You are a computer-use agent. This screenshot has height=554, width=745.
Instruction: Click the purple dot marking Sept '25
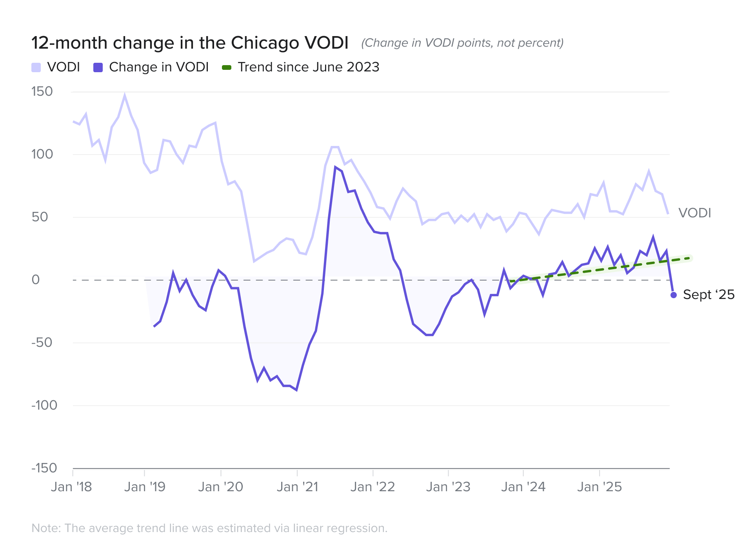coord(674,295)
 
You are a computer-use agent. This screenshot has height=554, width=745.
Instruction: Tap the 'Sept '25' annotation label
coord(709,295)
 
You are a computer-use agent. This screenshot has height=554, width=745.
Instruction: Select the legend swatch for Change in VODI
coord(98,67)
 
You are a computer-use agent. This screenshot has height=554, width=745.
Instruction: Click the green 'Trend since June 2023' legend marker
coord(227,67)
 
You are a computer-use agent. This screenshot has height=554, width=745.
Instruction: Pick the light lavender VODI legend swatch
coord(36,67)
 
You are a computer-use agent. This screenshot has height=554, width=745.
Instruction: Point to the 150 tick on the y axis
coord(42,91)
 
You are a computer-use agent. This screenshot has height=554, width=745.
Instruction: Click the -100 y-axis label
coord(44,405)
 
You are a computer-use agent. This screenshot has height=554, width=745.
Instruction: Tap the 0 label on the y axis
coord(36,280)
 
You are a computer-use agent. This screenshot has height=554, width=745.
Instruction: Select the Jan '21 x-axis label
coord(297,487)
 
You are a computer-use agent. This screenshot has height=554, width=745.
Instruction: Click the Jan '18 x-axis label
coord(71,487)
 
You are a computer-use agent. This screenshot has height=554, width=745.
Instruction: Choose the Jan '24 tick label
coord(523,487)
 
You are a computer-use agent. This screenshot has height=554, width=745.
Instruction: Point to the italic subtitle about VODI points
coord(462,43)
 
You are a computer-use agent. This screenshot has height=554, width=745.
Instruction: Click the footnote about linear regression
coord(209,528)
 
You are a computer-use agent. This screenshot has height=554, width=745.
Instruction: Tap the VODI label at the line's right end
coord(694,213)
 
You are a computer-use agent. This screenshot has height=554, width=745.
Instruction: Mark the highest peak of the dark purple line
coord(335,167)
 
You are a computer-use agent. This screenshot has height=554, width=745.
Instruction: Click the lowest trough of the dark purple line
coord(296,390)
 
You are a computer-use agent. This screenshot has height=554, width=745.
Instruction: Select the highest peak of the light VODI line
coord(125,95)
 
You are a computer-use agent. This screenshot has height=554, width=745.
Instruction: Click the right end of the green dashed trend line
coord(690,258)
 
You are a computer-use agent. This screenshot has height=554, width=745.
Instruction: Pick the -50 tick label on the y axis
coord(42,343)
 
